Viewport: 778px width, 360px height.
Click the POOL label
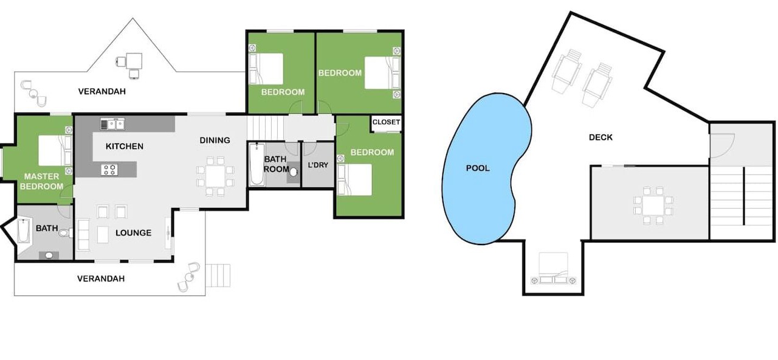click(x=478, y=168)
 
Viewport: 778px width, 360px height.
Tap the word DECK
click(x=601, y=137)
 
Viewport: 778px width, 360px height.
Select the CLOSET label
click(x=386, y=122)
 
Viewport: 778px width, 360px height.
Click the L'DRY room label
click(x=318, y=165)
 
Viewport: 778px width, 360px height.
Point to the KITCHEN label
click(x=125, y=147)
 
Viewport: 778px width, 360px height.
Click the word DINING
click(x=215, y=140)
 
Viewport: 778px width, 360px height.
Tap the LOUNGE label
click(x=133, y=233)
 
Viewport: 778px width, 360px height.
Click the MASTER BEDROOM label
click(x=41, y=181)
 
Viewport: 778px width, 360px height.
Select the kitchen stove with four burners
click(x=109, y=170)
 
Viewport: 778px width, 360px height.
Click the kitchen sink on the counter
click(x=112, y=124)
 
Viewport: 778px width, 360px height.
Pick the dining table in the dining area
click(x=215, y=176)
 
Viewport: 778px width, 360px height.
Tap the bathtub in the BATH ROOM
click(x=256, y=164)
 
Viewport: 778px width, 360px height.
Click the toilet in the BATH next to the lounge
click(x=66, y=233)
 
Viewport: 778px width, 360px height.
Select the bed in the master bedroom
click(x=55, y=150)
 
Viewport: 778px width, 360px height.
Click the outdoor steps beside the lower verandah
click(x=218, y=275)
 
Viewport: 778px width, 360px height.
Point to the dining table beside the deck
click(x=653, y=206)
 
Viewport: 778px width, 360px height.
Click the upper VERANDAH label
click(x=102, y=91)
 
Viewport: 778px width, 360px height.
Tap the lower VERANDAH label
click(x=101, y=279)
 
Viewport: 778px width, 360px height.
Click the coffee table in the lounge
click(x=103, y=234)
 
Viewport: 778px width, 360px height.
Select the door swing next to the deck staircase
click(x=721, y=145)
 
